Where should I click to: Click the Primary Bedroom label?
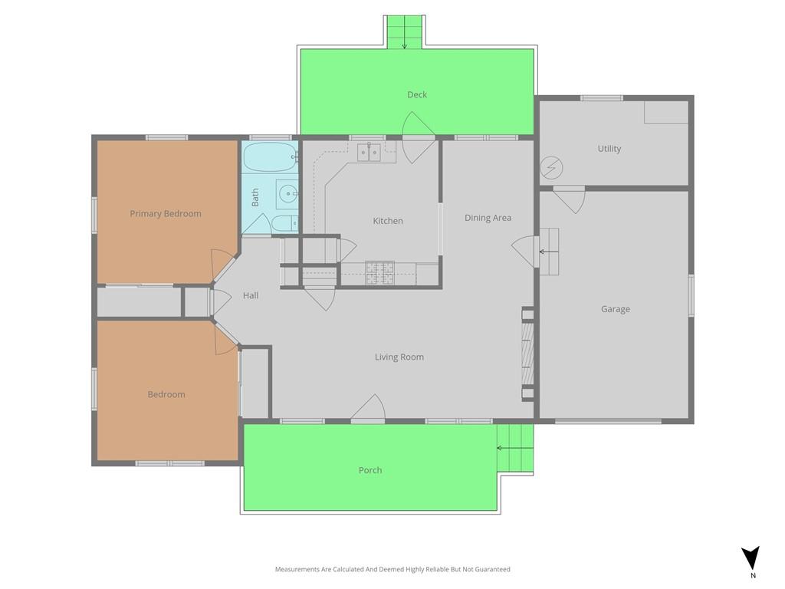[166, 214]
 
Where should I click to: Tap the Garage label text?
[616, 309]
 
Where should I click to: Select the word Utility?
[609, 149]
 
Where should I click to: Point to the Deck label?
[417, 94]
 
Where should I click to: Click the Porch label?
[370, 470]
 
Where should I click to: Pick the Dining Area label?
[488, 218]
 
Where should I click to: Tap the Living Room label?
[399, 357]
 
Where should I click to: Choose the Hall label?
[251, 295]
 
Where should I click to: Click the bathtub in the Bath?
[271, 157]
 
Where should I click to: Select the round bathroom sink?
[287, 193]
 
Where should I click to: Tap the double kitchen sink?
[370, 153]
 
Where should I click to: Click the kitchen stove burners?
[380, 273]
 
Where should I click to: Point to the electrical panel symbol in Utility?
[551, 167]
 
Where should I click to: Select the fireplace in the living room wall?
[527, 353]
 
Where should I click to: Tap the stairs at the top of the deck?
[405, 32]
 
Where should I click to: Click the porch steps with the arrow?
[514, 448]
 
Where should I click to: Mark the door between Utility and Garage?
[570, 199]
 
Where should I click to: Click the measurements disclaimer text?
[392, 570]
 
